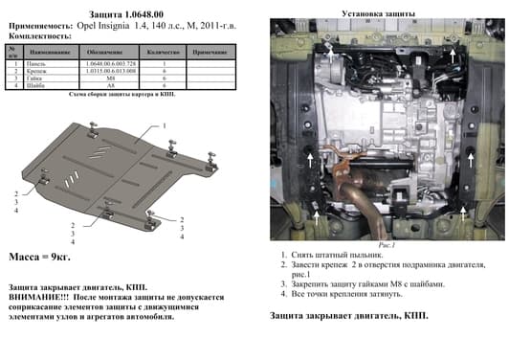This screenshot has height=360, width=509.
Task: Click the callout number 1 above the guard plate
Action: pyautogui.click(x=165, y=126)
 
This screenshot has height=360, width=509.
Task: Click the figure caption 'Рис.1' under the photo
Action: pyautogui.click(x=387, y=245)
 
